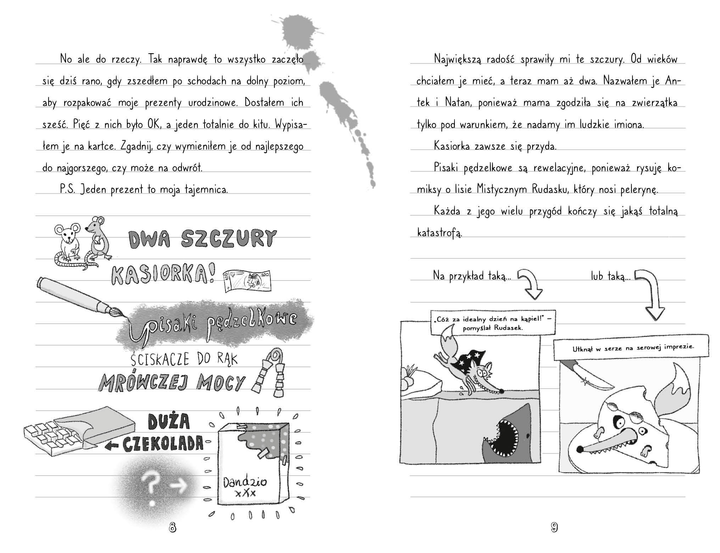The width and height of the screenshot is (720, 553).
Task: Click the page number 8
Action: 172,527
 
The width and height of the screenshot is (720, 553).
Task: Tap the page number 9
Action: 554,527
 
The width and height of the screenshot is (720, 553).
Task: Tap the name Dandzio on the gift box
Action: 245,483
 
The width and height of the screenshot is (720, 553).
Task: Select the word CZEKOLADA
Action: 163,443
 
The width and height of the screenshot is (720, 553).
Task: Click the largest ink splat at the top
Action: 298,30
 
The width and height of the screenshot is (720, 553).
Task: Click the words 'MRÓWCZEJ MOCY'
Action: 172,382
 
